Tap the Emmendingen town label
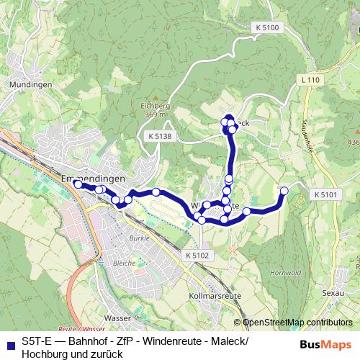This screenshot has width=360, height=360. click(x=94, y=178)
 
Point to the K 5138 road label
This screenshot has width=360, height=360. click(x=160, y=135)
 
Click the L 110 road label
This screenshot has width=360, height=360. click(x=310, y=79)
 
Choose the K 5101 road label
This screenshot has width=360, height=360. click(x=325, y=194)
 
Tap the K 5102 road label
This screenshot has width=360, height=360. click(x=196, y=255)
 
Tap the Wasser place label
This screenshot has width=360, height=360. click(x=116, y=317)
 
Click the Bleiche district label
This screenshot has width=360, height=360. click(x=125, y=264)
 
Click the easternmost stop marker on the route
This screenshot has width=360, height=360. click(x=284, y=191)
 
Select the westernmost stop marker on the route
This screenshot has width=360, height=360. click(x=78, y=184)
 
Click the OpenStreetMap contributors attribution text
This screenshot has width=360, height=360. click(x=297, y=324)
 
